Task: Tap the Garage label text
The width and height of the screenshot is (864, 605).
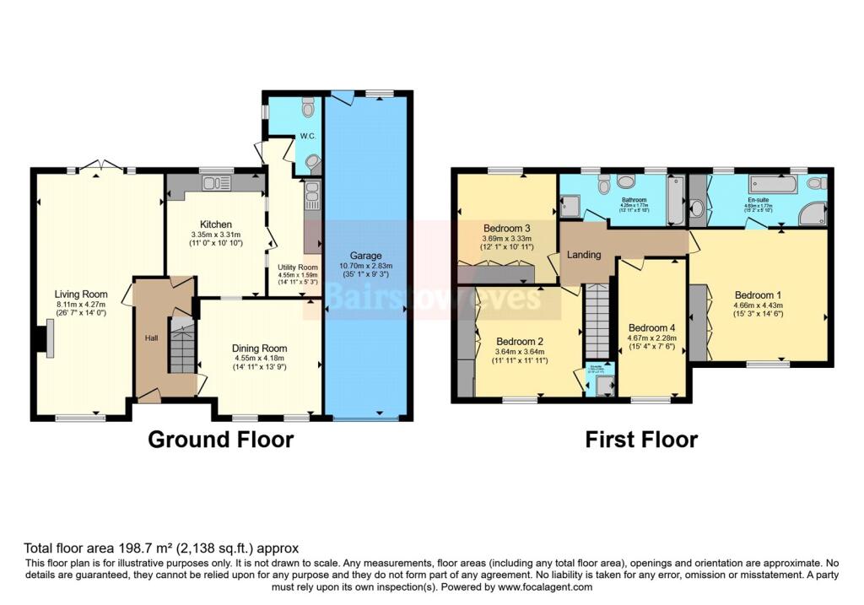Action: tap(367, 256)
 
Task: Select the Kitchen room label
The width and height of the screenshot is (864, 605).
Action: tap(216, 224)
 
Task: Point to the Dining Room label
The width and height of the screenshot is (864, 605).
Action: tap(260, 348)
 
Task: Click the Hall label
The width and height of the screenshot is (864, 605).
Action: tap(152, 338)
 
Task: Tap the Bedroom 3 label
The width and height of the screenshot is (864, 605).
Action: tap(506, 229)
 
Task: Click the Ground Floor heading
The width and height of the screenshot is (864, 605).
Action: tap(221, 440)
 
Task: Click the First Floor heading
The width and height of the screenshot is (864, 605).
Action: tap(641, 440)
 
